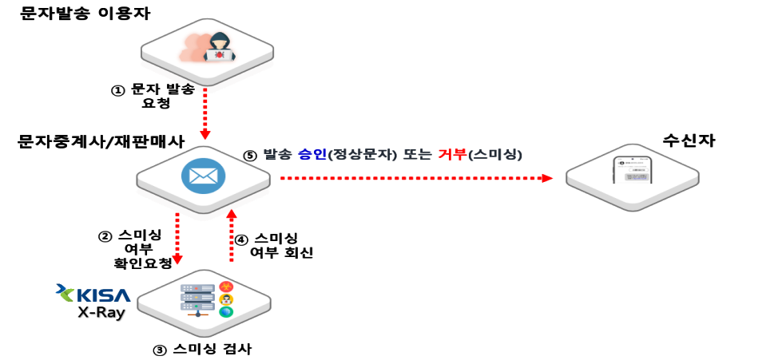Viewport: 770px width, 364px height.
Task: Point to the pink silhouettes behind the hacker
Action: tap(193, 47)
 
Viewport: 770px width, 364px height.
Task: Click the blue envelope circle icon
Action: tap(203, 176)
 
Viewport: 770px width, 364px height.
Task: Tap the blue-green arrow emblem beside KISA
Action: tap(64, 293)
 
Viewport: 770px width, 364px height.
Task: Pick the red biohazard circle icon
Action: tap(226, 287)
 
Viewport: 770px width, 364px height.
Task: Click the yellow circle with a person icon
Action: tap(226, 299)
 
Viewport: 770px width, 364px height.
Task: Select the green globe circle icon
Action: tap(226, 312)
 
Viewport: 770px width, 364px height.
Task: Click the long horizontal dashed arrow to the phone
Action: tap(415, 178)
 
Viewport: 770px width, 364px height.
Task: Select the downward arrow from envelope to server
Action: tap(177, 238)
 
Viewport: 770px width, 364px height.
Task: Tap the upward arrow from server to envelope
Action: tap(232, 235)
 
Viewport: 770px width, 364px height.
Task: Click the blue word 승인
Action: tap(312, 154)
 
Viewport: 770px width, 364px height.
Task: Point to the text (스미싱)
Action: tap(496, 154)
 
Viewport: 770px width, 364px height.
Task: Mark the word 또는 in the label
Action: tap(417, 154)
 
